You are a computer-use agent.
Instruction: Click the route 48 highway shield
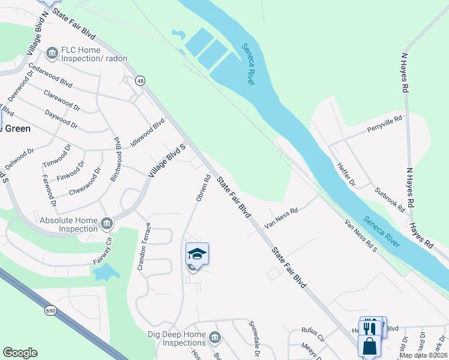pyautogui.click(x=140, y=81)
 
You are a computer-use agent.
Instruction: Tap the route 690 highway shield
pyautogui.click(x=50, y=310)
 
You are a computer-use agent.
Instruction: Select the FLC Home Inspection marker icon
pyautogui.click(x=52, y=53)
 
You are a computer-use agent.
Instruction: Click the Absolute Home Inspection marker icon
pyautogui.click(x=106, y=223)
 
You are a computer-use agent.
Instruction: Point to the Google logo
pyautogui.click(x=20, y=353)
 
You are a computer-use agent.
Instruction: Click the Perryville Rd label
pyautogui.click(x=384, y=125)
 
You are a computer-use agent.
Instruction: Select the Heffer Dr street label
pyautogui.click(x=346, y=173)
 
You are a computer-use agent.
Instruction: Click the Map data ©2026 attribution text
pyautogui.click(x=423, y=355)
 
